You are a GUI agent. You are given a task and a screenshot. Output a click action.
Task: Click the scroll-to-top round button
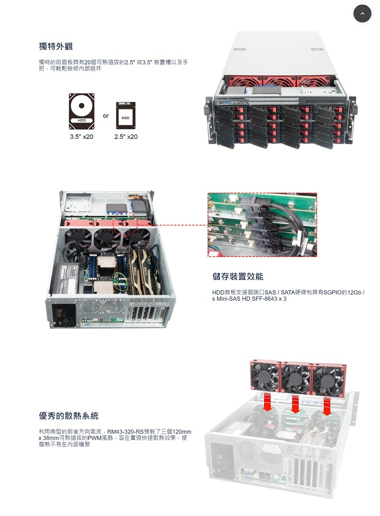tap(362, 13)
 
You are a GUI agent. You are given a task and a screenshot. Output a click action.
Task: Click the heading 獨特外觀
tap(56, 46)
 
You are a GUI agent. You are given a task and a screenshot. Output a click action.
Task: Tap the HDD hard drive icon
tap(82, 111)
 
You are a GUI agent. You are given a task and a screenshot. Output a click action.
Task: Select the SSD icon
tap(125, 116)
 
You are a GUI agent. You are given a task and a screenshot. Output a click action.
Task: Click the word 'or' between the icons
tap(105, 116)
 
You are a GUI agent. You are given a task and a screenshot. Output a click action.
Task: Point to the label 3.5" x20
tap(82, 137)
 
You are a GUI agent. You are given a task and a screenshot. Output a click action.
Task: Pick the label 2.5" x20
tap(126, 137)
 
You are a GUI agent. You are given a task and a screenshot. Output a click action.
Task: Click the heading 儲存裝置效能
tap(237, 276)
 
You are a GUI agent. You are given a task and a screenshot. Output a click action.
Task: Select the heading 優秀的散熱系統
tap(68, 415)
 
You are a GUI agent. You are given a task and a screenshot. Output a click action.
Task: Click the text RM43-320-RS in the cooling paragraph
tap(126, 432)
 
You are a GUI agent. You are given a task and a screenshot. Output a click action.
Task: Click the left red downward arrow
tap(267, 402)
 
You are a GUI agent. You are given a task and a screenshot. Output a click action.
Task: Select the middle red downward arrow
tap(296, 403)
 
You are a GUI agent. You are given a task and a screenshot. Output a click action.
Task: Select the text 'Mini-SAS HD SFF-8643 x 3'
tap(252, 299)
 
